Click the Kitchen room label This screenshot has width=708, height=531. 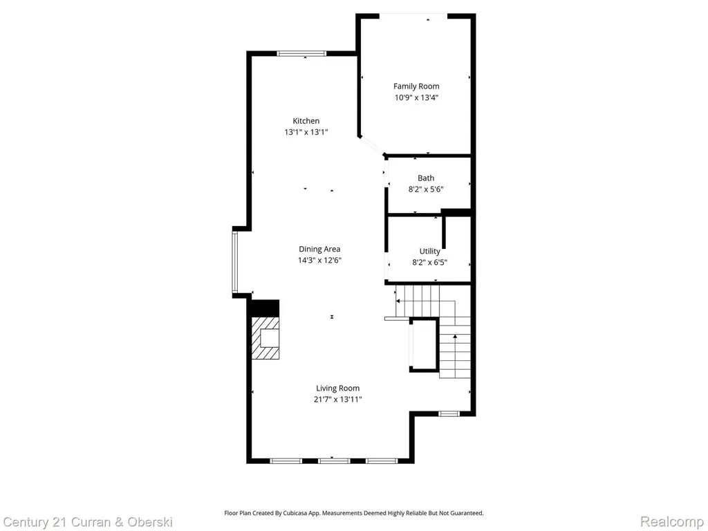click(306, 120)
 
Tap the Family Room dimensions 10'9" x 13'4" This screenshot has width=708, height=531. click(417, 97)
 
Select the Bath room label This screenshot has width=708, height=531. click(426, 178)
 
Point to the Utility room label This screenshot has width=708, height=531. click(430, 251)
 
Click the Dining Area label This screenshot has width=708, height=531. click(319, 249)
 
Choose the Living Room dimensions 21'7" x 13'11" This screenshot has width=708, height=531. click(338, 399)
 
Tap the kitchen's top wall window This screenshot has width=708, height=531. click(301, 53)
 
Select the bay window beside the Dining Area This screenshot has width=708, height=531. click(235, 262)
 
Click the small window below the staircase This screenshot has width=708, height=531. click(449, 413)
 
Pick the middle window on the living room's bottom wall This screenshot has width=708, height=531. click(334, 461)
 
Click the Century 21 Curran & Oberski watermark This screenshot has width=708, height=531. click(88, 523)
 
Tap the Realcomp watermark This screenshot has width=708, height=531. click(672, 522)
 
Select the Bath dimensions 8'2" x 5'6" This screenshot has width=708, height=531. click(426, 189)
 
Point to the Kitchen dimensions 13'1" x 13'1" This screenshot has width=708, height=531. click(306, 132)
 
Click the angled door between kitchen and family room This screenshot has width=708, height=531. click(372, 145)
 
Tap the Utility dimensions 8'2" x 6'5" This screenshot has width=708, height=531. click(430, 262)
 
